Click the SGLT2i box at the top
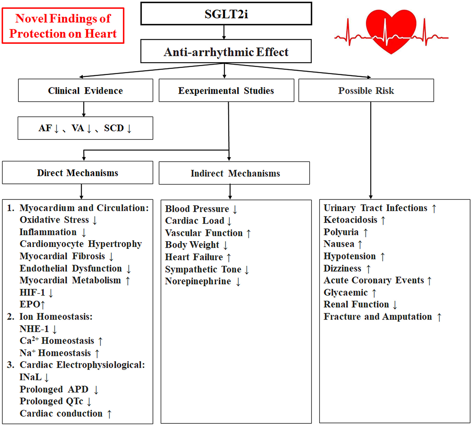(226, 14)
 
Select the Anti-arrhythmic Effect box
(226, 52)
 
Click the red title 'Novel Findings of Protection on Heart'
(63, 26)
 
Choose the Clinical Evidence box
(85, 90)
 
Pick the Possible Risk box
(366, 90)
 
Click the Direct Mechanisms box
(77, 173)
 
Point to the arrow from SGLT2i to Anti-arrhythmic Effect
(224, 32)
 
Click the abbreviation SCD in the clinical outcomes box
(114, 128)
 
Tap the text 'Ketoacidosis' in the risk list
(350, 220)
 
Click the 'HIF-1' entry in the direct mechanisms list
(32, 292)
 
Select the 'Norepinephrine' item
(198, 281)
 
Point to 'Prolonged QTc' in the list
(51, 401)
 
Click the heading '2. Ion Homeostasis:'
(50, 317)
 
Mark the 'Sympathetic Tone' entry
(203, 269)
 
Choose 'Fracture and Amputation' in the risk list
(378, 317)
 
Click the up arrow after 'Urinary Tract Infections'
(434, 208)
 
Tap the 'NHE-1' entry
(34, 329)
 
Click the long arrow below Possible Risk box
(371, 151)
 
